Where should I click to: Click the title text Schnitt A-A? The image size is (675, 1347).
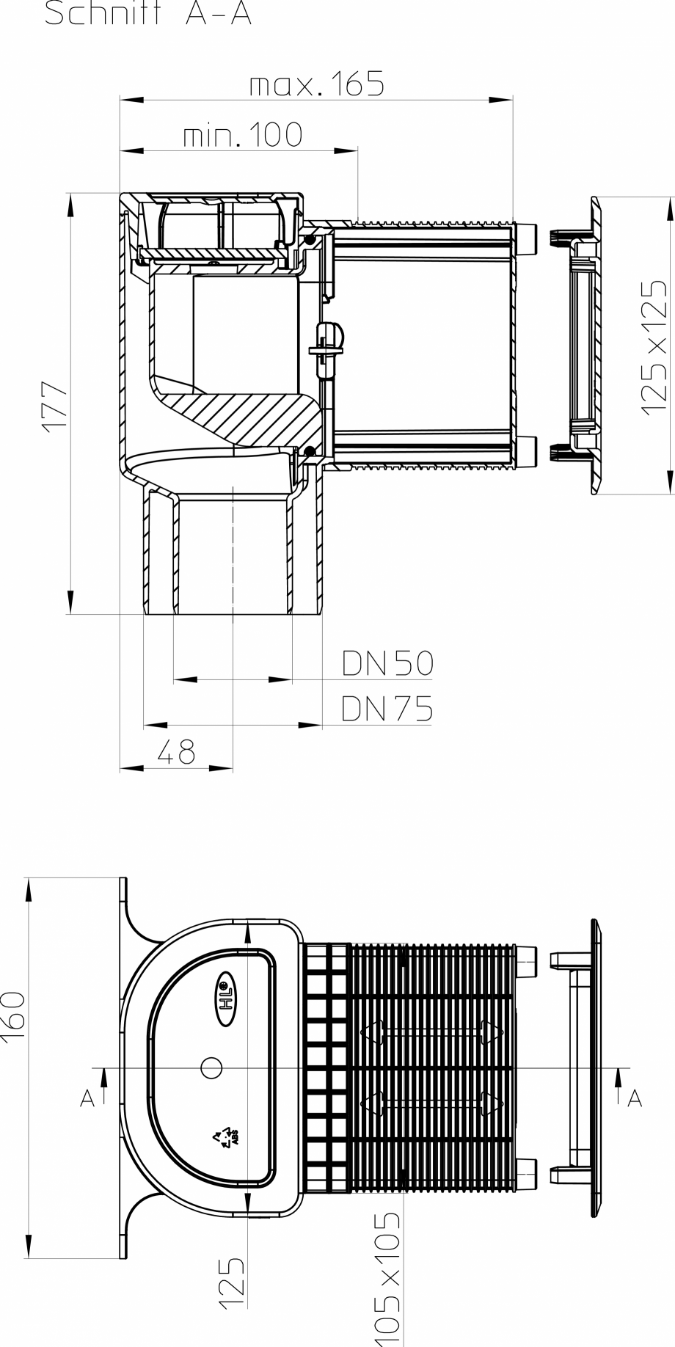click(147, 13)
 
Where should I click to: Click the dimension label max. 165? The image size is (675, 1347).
click(316, 85)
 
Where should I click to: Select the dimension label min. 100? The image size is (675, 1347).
click(242, 135)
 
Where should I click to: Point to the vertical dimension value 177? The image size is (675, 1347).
click(56, 406)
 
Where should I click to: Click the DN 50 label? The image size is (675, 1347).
click(387, 663)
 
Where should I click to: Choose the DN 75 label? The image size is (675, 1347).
click(387, 709)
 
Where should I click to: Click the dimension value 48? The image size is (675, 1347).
click(176, 752)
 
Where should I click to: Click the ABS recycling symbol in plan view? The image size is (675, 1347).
click(225, 1136)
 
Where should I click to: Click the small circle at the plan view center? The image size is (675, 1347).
click(211, 1067)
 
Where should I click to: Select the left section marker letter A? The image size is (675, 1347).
click(87, 1098)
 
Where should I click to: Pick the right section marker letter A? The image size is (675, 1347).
click(635, 1098)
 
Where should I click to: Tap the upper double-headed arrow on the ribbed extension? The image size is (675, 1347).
click(432, 1032)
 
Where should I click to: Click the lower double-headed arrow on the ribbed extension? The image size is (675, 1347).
click(432, 1102)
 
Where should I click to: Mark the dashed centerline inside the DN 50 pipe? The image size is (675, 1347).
click(233, 550)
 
